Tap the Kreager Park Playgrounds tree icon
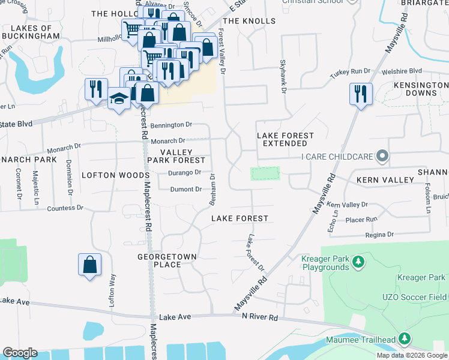(358, 262)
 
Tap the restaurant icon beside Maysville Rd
(361, 93)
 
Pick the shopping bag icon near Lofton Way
(89, 264)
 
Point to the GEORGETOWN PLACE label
(167, 260)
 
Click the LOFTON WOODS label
(115, 175)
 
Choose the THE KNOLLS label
(249, 21)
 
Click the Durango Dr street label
(185, 173)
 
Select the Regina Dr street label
(381, 234)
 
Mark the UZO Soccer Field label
(415, 297)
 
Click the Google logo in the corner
(20, 353)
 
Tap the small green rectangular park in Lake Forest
(265, 173)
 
